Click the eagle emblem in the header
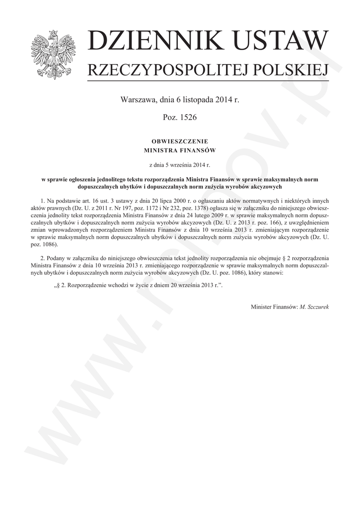(x=50, y=55)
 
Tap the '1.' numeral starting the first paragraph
(x=43, y=200)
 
